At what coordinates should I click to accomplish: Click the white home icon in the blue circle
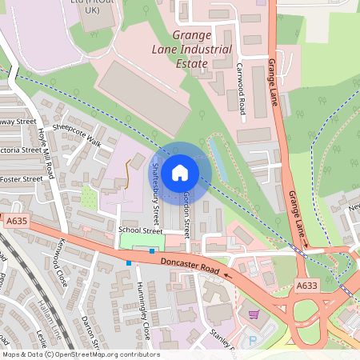click(180, 172)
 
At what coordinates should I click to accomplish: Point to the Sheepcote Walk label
click(77, 134)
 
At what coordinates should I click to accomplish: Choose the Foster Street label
click(21, 179)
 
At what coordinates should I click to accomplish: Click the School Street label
click(134, 230)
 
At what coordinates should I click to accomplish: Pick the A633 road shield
click(306, 285)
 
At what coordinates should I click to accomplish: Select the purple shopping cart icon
click(254, 314)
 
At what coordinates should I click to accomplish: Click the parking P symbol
click(254, 341)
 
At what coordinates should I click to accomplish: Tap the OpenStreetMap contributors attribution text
click(80, 354)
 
